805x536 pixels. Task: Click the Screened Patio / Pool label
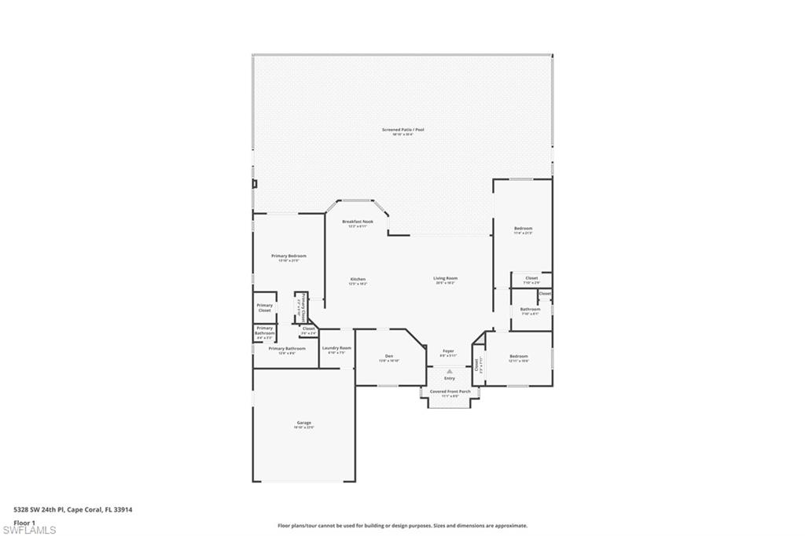402,130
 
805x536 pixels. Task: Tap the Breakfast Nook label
358,222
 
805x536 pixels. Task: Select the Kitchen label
358,279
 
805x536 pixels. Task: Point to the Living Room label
445,278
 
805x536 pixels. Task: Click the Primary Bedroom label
289,256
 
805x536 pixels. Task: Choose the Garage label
303,423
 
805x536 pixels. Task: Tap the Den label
389,355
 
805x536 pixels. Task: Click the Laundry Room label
336,348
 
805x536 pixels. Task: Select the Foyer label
448,351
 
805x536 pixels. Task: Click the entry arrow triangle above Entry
450,371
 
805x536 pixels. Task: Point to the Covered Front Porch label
450,391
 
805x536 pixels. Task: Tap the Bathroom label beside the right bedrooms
530,309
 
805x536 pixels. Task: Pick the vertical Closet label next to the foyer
476,365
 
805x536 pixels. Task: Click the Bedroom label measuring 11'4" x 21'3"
523,229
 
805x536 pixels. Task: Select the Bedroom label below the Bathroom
518,357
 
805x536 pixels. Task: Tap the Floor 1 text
24,522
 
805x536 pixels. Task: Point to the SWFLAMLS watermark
29,530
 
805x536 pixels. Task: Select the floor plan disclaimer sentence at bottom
402,526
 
